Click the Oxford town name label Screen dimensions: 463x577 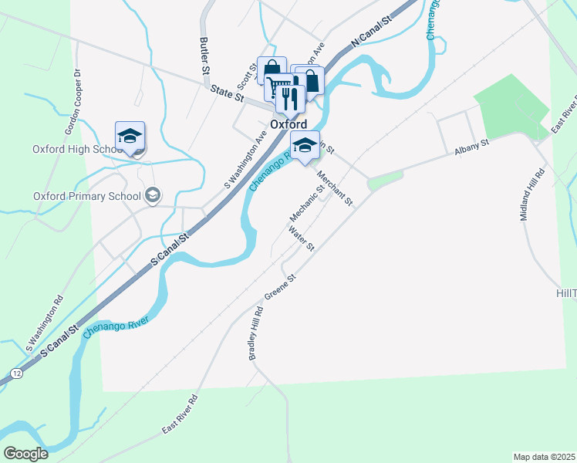pos(288,124)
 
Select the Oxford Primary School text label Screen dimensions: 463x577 pos(87,196)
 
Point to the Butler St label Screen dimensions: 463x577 pos(204,56)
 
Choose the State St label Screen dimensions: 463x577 pos(228,95)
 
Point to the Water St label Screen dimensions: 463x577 pos(302,238)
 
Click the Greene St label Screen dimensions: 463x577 pos(281,287)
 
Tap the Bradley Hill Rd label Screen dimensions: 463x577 pos(255,333)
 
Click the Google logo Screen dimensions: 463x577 pos(25,453)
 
